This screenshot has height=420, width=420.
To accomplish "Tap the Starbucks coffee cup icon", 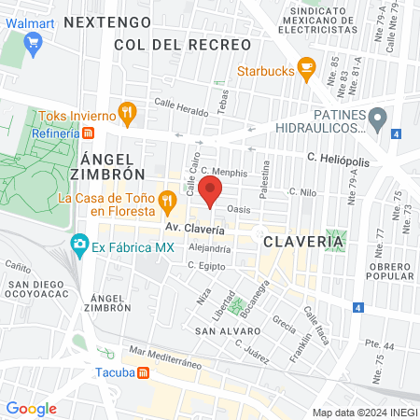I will [x=305, y=69].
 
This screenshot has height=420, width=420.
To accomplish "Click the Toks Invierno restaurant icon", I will [x=128, y=115].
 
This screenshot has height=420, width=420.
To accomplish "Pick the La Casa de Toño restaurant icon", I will [x=193, y=198].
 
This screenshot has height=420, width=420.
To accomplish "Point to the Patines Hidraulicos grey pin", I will [x=377, y=119].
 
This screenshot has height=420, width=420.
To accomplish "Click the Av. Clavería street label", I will [x=194, y=229].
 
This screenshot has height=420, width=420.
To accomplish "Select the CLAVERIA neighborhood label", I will [x=303, y=242].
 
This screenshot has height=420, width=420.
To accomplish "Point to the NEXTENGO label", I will [x=108, y=20].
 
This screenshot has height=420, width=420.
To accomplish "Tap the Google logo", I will [x=31, y=408].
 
